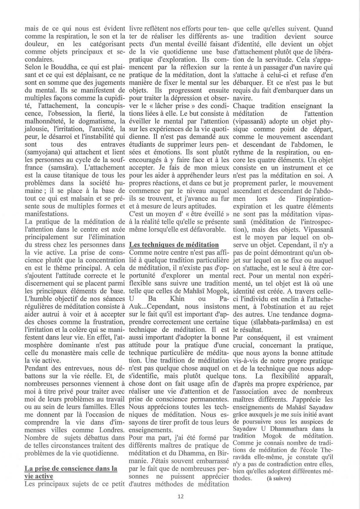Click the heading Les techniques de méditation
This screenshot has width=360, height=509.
click(174, 245)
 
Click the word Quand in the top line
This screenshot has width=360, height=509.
click(323, 29)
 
